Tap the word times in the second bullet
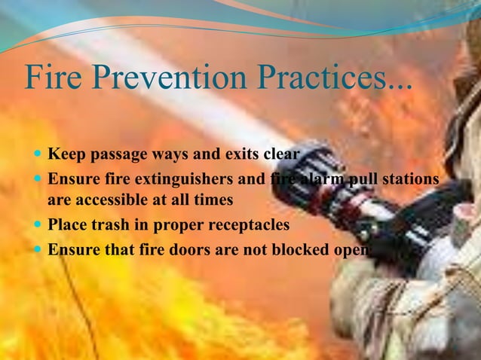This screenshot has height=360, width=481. (x=213, y=201)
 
